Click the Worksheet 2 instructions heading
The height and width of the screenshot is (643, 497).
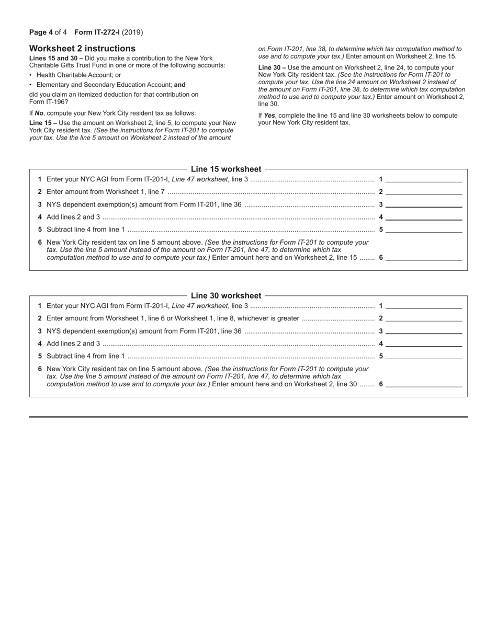[82, 49]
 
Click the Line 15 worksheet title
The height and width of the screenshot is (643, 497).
[226, 169]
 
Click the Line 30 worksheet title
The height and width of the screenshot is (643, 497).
[226, 295]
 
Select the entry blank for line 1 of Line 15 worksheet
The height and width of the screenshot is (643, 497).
[424, 179]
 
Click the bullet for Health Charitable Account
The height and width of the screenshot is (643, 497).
[31, 75]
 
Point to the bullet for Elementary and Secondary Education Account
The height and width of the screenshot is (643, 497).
[31, 85]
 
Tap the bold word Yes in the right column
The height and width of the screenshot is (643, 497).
[269, 116]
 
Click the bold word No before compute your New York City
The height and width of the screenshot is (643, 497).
[39, 113]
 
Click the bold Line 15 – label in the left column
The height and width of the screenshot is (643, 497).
[43, 123]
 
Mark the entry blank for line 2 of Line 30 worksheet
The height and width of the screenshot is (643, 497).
[424, 318]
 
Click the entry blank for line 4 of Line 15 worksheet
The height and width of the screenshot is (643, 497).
[424, 217]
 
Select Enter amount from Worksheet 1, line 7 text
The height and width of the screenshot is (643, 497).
[106, 192]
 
